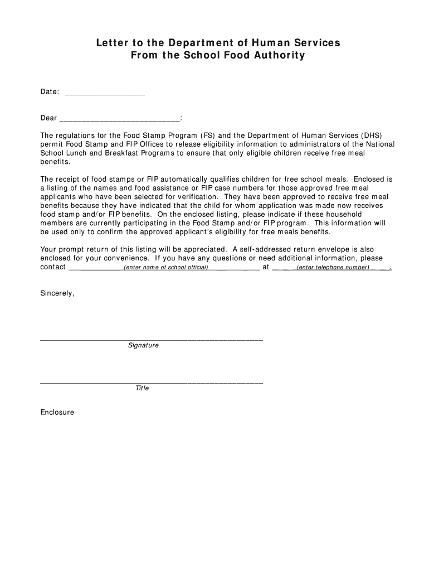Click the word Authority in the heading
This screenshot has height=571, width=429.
point(279,55)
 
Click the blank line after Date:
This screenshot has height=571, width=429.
point(105,93)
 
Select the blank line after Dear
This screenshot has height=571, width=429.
point(119,119)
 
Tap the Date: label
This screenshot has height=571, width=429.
point(50,91)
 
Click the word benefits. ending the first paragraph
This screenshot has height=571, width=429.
point(56,162)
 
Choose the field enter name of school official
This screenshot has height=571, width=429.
point(165,268)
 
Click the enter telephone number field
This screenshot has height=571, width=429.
point(333,268)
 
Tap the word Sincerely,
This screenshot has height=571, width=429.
point(57,293)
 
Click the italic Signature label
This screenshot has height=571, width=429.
point(143,346)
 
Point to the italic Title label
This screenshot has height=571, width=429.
point(142,388)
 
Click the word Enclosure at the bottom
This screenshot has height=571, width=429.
point(57,413)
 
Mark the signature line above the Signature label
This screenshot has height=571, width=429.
point(151,339)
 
